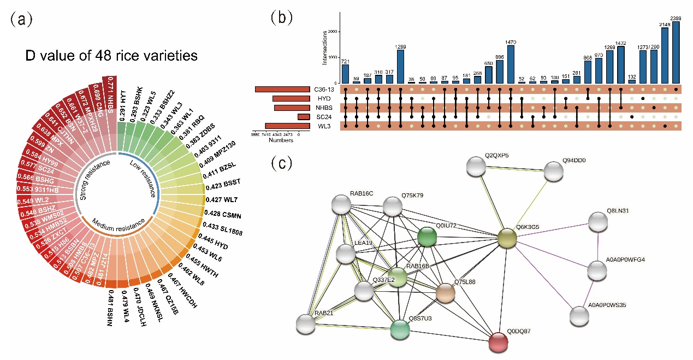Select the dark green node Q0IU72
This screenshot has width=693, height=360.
(x=427, y=237)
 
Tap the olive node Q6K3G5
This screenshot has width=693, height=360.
(x=507, y=239)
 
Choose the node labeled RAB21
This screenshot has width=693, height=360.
(x=306, y=324)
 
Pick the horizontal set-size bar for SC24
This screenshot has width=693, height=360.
(x=303, y=117)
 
